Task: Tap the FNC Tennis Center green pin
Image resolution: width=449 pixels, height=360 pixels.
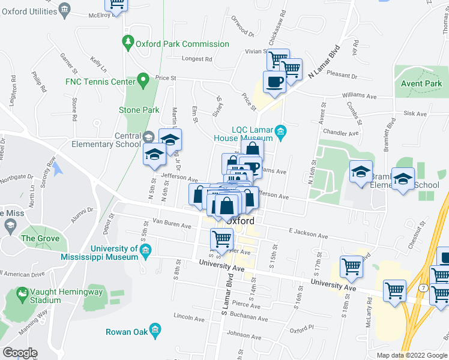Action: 142,80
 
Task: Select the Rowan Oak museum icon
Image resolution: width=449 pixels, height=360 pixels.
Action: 155,331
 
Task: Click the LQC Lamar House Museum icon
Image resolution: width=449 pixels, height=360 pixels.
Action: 280,131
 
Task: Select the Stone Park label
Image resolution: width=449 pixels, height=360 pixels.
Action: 139,110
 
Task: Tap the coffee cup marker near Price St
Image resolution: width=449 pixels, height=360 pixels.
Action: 274,82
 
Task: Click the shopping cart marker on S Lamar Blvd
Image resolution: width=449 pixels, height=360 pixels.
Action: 221,239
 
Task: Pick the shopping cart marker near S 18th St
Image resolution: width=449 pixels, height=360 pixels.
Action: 351,266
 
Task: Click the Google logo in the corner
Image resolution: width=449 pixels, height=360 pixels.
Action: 19,353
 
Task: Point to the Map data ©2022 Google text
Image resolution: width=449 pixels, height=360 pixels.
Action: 412,355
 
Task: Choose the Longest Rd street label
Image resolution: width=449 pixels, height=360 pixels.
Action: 197,59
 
